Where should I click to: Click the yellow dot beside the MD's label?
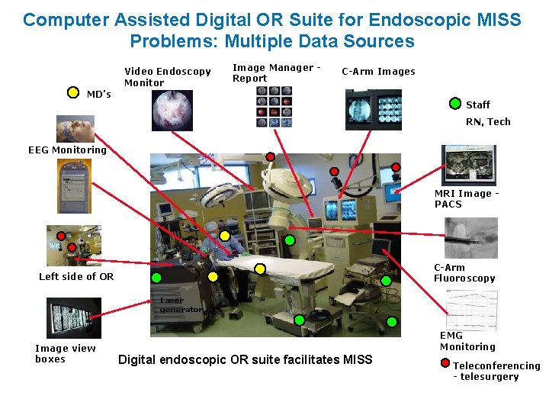point(73,92)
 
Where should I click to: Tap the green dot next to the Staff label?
point(455,103)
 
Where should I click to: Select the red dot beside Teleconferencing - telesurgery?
point(445,364)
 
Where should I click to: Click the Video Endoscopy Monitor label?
point(167,77)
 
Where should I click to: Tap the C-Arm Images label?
point(378,72)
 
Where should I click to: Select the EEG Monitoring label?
point(68,150)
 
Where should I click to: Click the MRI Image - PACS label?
point(467,198)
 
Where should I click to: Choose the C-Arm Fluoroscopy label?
point(464,272)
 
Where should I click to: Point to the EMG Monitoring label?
point(467,341)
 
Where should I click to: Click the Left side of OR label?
point(76,276)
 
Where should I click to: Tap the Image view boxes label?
point(66,353)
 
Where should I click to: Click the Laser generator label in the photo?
point(181,305)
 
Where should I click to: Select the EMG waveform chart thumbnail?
point(471,309)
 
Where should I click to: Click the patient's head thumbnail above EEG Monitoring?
point(75,128)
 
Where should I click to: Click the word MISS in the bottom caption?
point(358,359)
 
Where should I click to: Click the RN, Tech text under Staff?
point(488,121)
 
